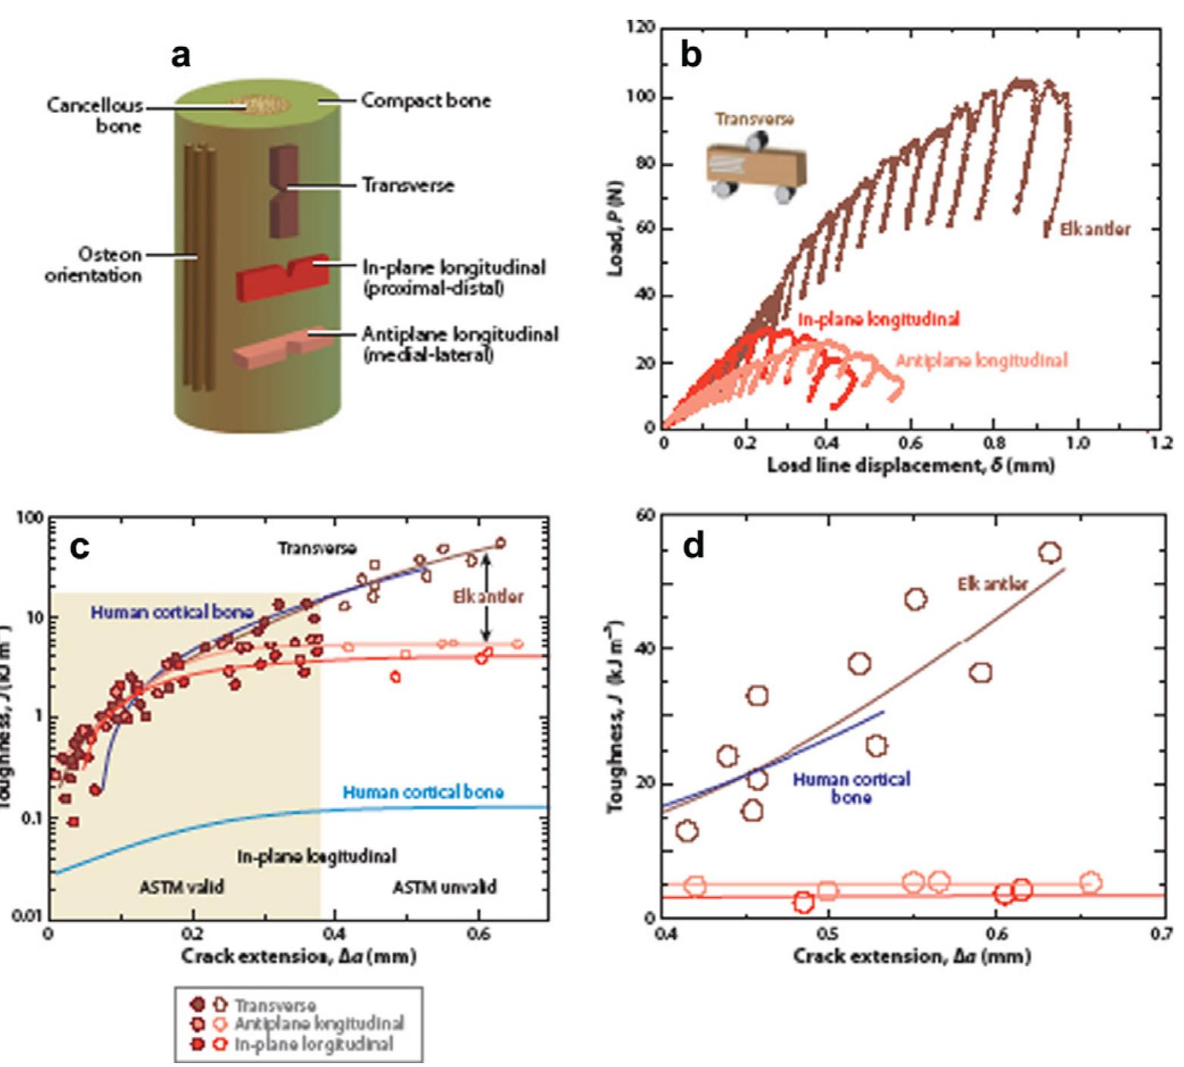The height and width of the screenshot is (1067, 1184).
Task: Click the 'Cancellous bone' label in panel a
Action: click(94, 114)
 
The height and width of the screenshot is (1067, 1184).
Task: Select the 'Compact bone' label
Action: click(425, 100)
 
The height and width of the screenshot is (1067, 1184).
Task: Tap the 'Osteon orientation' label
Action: click(93, 264)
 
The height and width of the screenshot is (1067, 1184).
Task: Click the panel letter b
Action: click(692, 55)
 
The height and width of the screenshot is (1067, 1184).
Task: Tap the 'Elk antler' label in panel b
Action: click(1095, 229)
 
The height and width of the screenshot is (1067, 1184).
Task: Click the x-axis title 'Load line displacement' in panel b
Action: click(910, 465)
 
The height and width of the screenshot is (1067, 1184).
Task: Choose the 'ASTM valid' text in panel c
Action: click(182, 887)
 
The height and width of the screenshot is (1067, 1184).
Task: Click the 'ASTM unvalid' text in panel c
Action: click(445, 887)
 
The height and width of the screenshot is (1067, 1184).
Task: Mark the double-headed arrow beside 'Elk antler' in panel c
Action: click(486, 596)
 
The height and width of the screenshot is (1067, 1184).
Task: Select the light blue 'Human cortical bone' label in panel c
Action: click(423, 792)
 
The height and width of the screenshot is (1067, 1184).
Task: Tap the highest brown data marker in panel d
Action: click(1050, 552)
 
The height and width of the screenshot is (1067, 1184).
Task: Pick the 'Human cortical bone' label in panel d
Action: click(851, 787)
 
